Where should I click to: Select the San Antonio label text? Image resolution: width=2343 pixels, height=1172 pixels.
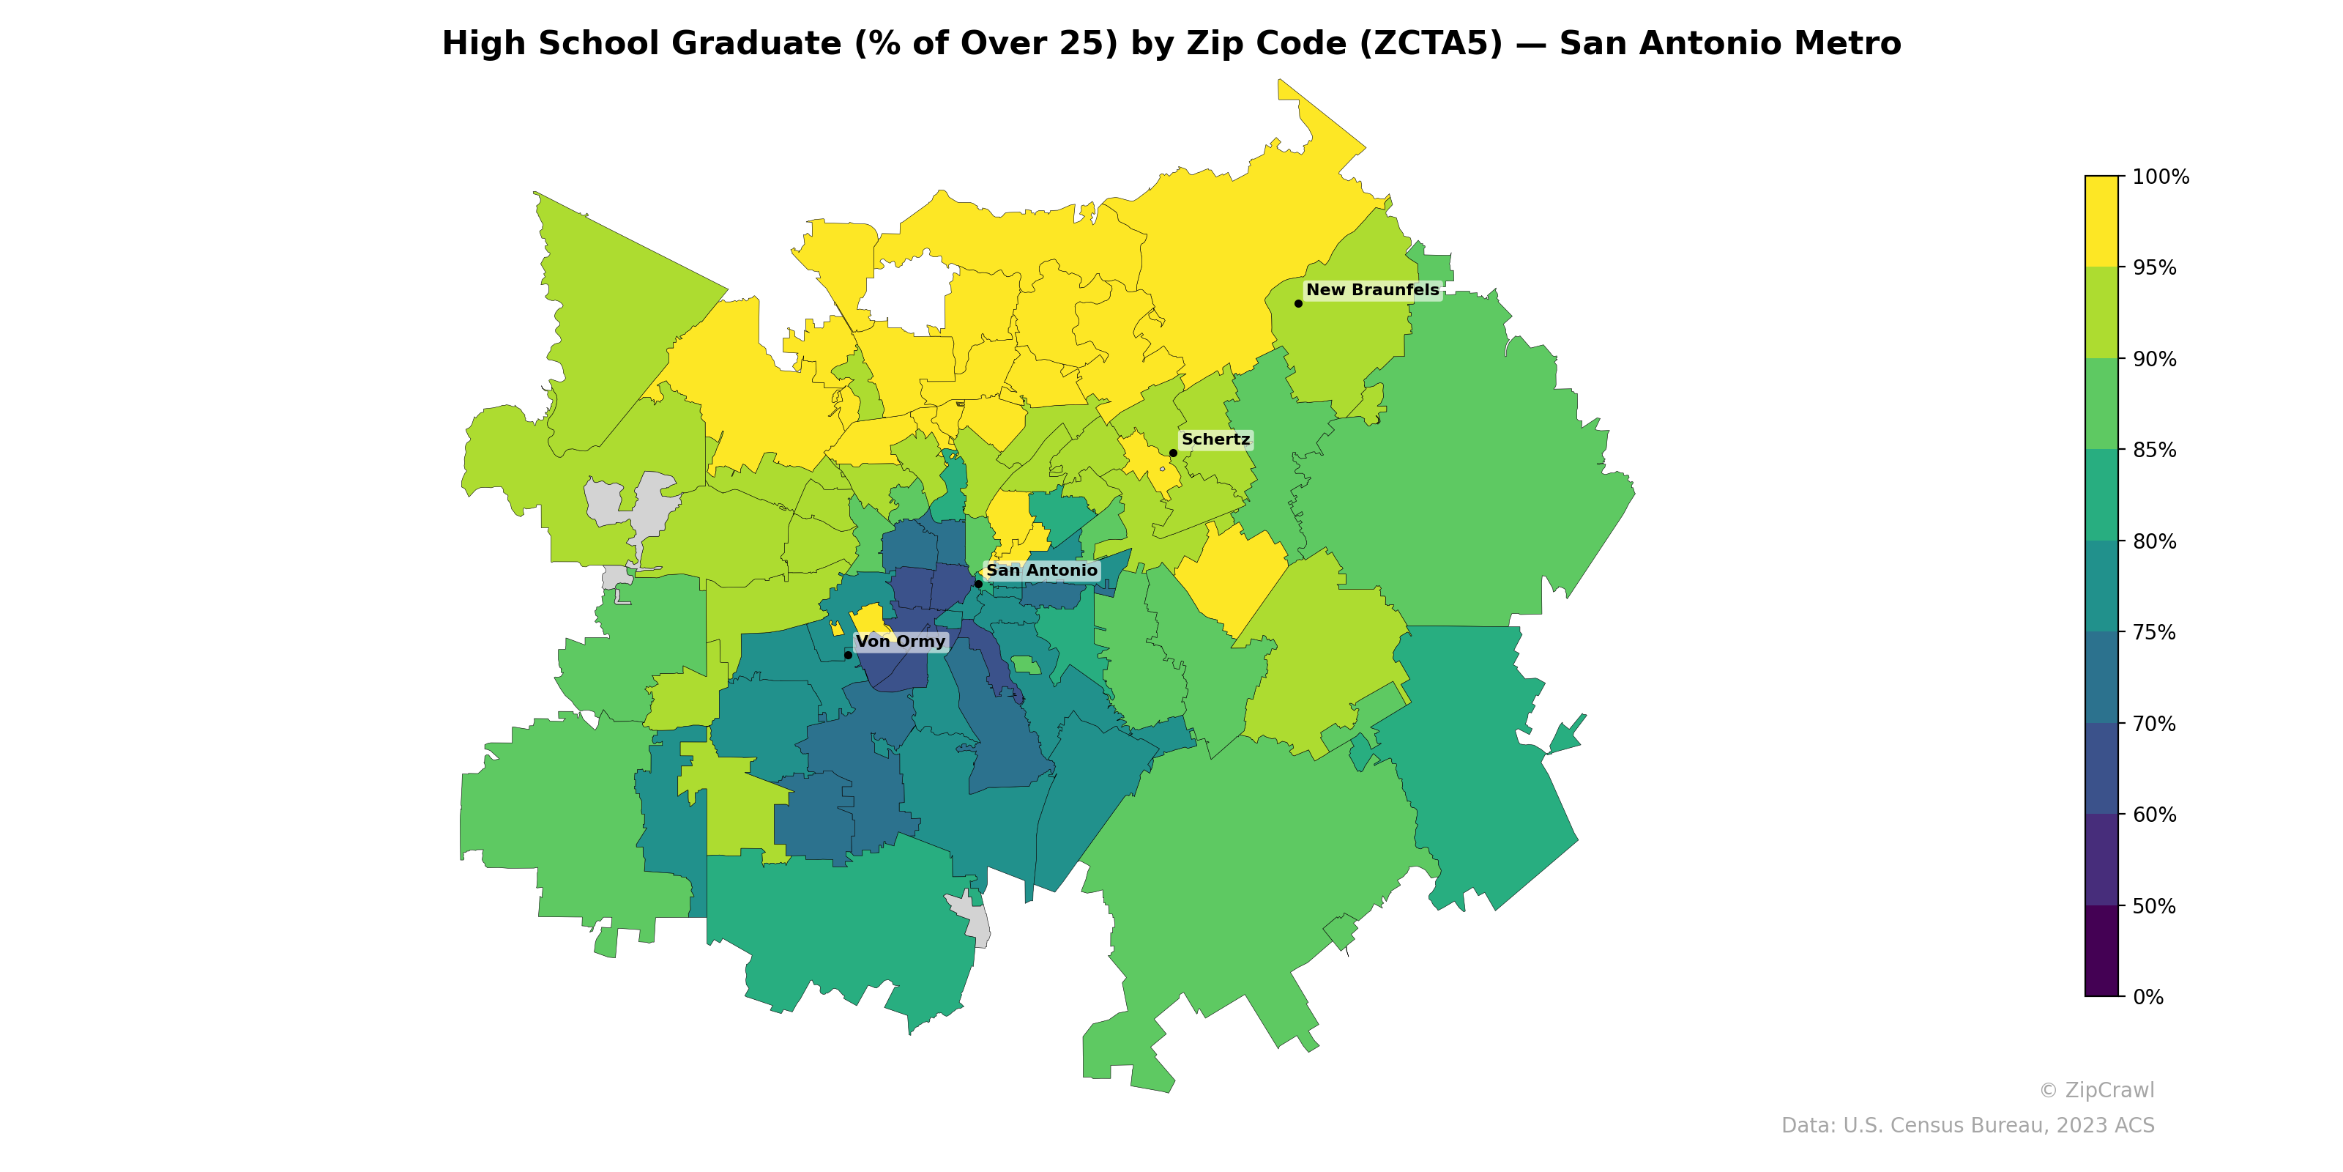[x=1041, y=571]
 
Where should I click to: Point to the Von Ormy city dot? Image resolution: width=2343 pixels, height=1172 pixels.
[x=848, y=655]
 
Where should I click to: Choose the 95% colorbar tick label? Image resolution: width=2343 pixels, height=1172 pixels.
[x=2154, y=267]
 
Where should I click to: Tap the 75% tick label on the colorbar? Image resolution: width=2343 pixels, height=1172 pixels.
[x=2154, y=632]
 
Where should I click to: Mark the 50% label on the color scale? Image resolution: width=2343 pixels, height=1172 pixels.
[x=2154, y=906]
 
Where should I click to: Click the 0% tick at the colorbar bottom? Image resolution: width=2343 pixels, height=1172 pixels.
[x=2148, y=997]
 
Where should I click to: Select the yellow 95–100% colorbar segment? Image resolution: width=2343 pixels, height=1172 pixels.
[x=2101, y=221]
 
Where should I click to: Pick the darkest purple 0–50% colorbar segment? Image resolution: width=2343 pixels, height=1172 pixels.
[x=2101, y=951]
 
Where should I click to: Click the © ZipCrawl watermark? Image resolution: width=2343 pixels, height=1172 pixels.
[x=2096, y=1090]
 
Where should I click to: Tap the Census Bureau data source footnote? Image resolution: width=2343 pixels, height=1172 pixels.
[x=1967, y=1126]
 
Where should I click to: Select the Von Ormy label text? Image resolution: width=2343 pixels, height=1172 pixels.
[x=901, y=642]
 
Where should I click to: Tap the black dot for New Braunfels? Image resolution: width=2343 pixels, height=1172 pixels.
[x=1298, y=303]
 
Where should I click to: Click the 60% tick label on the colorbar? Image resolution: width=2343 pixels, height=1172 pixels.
[x=2154, y=815]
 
